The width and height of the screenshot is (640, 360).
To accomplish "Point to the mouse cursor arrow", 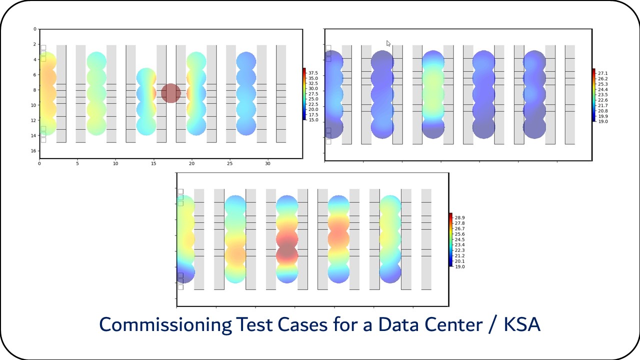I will (388, 43).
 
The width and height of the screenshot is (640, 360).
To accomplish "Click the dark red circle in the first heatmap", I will (170, 93).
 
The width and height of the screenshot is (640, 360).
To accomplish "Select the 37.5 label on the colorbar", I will (313, 73).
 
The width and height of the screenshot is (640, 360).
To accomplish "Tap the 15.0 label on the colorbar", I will (313, 120).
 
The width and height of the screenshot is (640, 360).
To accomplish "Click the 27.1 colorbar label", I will (602, 73).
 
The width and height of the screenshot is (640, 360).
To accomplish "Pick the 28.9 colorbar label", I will (460, 217).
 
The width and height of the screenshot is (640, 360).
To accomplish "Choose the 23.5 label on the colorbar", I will (602, 94).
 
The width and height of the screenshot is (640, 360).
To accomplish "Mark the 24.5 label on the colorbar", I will (460, 239).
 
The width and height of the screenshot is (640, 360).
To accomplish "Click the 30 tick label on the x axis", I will (267, 163).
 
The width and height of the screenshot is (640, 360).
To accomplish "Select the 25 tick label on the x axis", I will (229, 163).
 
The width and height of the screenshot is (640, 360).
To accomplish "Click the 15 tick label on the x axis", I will (153, 163).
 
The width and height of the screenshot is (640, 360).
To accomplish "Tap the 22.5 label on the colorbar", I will (313, 104).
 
